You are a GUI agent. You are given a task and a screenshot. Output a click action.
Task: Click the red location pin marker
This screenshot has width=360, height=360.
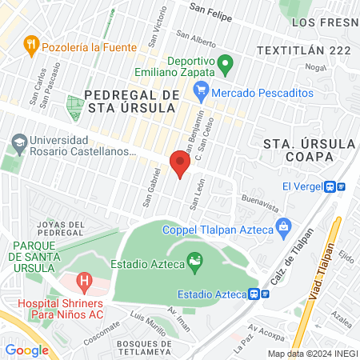180,164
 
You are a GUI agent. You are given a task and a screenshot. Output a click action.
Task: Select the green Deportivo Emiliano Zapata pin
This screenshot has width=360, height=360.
226,62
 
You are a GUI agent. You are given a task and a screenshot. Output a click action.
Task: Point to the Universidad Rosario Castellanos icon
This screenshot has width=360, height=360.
18,144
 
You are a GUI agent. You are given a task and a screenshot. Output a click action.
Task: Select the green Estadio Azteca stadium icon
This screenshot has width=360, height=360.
193,260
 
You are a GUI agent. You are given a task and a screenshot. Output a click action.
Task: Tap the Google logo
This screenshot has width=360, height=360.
26,350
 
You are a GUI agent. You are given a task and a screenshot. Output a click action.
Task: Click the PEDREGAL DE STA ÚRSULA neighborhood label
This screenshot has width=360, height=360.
131,101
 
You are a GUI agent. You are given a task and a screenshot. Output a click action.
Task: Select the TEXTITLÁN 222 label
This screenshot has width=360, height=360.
305,50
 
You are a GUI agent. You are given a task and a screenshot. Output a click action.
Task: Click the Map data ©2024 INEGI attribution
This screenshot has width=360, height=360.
312,354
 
